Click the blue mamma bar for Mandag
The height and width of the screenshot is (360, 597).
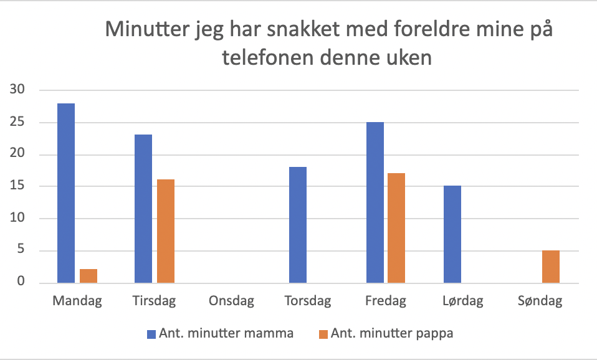[x=66, y=193]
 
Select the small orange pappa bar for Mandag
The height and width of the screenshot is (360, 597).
[x=88, y=276]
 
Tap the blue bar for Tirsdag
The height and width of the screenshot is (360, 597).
[x=143, y=209]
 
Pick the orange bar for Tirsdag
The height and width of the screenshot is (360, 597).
[x=166, y=231]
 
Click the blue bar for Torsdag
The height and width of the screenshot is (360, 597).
[x=298, y=225]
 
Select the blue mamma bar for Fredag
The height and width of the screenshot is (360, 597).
[x=375, y=202]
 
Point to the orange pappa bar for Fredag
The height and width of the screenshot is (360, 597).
[x=396, y=228]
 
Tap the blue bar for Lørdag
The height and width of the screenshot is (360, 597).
[x=452, y=234]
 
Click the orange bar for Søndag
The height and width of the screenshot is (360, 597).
[x=551, y=267]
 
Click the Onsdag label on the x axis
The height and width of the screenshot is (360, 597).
[x=232, y=302]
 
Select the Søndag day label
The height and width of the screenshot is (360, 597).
[x=540, y=302]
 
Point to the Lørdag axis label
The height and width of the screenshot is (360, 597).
[x=462, y=302]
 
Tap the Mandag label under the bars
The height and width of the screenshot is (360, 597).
[x=77, y=302]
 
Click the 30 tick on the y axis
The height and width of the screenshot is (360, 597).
[x=17, y=90]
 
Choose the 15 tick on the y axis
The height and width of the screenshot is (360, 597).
[x=17, y=186]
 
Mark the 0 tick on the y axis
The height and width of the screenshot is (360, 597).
[x=21, y=283]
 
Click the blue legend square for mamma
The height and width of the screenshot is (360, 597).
[x=150, y=334]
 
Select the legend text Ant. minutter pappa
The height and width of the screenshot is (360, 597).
[x=392, y=333]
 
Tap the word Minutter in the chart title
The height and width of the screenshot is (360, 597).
[x=145, y=29]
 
